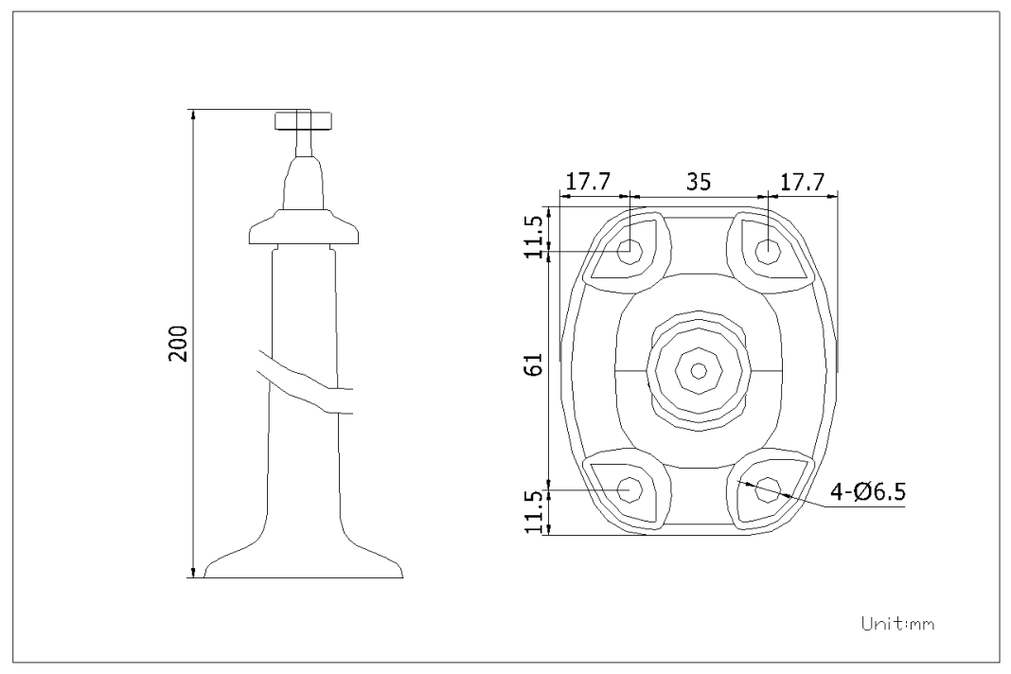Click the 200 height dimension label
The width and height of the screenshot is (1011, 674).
pos(178,344)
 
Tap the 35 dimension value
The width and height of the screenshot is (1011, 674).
pos(699,183)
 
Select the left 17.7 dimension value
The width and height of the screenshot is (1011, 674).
pos(588,183)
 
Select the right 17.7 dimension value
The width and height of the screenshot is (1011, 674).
pos(802,183)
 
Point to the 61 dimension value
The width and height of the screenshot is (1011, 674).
pos(535,365)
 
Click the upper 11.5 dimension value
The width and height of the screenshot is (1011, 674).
pos(535,237)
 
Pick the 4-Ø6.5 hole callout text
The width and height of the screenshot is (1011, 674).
pos(868,492)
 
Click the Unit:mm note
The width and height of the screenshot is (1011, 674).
pos(897,624)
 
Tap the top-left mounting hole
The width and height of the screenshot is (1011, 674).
pos(630,251)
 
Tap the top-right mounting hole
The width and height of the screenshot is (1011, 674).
pos(768,251)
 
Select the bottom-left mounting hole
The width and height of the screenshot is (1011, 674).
pos(630,488)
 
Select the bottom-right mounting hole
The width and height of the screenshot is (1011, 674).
pos(768,488)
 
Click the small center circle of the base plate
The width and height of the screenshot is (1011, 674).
pos(699,370)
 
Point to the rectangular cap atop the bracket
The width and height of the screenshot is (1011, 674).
pos(304,120)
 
